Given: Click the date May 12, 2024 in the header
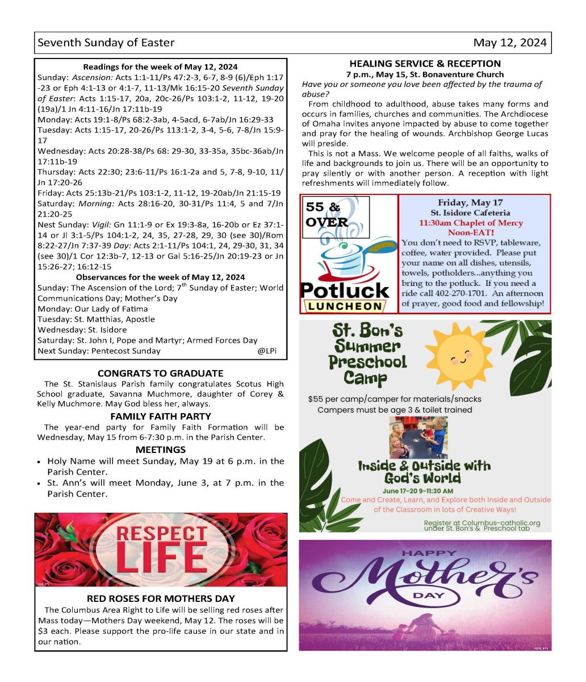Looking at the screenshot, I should [510, 43].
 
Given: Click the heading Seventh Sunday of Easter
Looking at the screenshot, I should [106, 43].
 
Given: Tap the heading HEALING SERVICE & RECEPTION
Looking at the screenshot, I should [425, 64].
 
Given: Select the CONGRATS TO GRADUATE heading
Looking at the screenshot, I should [160, 373].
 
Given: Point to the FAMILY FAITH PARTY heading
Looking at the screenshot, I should [160, 417].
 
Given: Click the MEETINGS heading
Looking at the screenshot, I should [160, 450].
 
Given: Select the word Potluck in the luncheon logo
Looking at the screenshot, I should [345, 290].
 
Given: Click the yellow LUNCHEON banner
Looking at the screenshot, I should [345, 306].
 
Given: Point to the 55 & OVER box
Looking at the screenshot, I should [327, 215].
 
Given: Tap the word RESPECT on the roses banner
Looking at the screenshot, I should [161, 534].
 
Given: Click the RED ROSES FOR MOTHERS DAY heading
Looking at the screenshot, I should [161, 598].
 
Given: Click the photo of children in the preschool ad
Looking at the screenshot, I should [418, 437].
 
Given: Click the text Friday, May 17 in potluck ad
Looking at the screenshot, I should [470, 203].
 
